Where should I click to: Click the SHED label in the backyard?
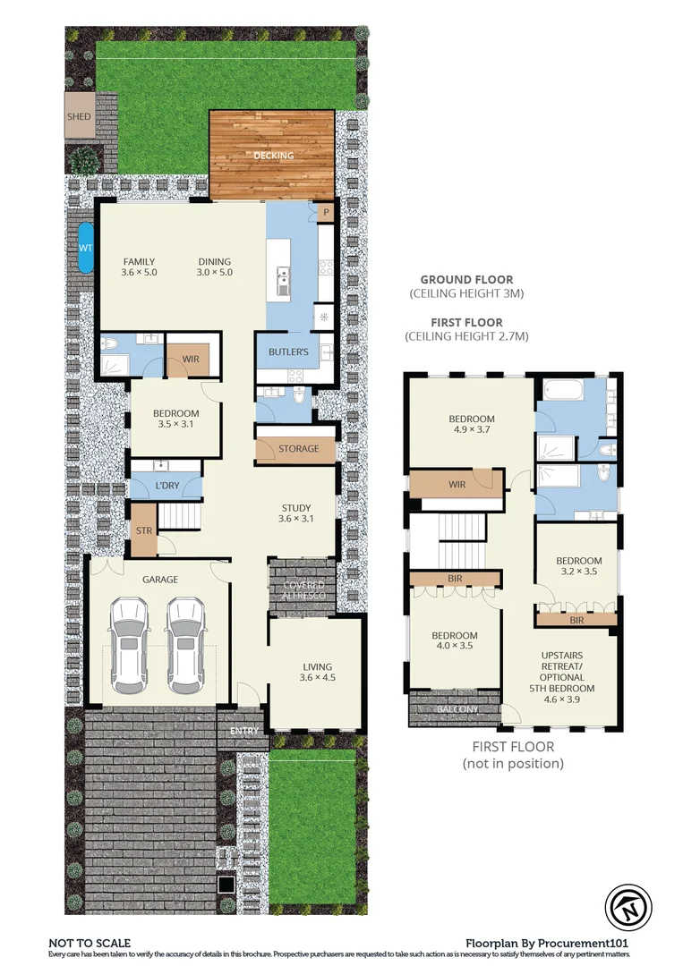coord(79,116)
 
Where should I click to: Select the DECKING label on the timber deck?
coord(273,156)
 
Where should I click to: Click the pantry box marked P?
coord(327,213)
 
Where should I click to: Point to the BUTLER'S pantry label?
coord(288,352)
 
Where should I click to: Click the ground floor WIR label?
coord(190,359)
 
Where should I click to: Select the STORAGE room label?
coord(296,449)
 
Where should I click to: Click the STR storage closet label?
coord(143,530)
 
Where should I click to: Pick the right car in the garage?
coord(185,646)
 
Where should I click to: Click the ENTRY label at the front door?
coord(243,731)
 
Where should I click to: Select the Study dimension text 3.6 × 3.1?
coord(295,519)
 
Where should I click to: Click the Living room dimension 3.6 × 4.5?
coord(317,678)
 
